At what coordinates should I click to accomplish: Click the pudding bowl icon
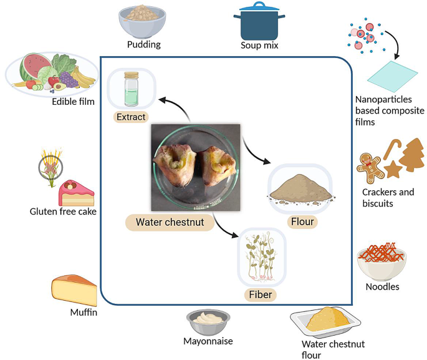pos(143,22)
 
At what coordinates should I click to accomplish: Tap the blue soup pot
pos(259,22)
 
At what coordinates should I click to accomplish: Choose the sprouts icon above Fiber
pos(261,256)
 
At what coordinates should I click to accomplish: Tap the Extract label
pos(131,117)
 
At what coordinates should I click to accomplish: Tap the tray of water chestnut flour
pos(327,321)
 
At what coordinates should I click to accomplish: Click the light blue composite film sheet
pos(390,77)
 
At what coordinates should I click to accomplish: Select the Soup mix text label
pos(259,46)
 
